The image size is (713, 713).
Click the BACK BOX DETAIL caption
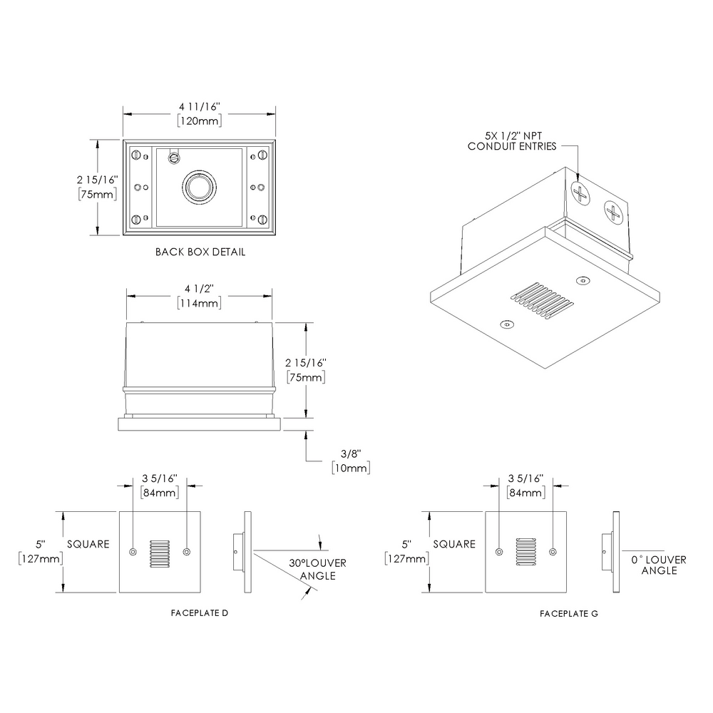click(x=200, y=252)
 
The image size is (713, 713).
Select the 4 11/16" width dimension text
click(x=200, y=107)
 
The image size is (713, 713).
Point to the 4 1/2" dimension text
click(x=199, y=289)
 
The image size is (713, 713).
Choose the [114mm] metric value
click(x=199, y=302)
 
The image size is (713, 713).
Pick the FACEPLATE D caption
click(x=200, y=613)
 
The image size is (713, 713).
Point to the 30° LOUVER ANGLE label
click(x=317, y=569)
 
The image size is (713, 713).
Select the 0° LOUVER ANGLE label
click(x=659, y=565)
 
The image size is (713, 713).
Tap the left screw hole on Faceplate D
click(x=133, y=552)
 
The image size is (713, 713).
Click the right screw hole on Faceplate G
click(x=553, y=551)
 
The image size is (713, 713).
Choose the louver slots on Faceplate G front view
click(x=525, y=552)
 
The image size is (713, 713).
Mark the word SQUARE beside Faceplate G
click(x=453, y=544)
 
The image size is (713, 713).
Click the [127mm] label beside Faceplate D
click(x=39, y=558)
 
